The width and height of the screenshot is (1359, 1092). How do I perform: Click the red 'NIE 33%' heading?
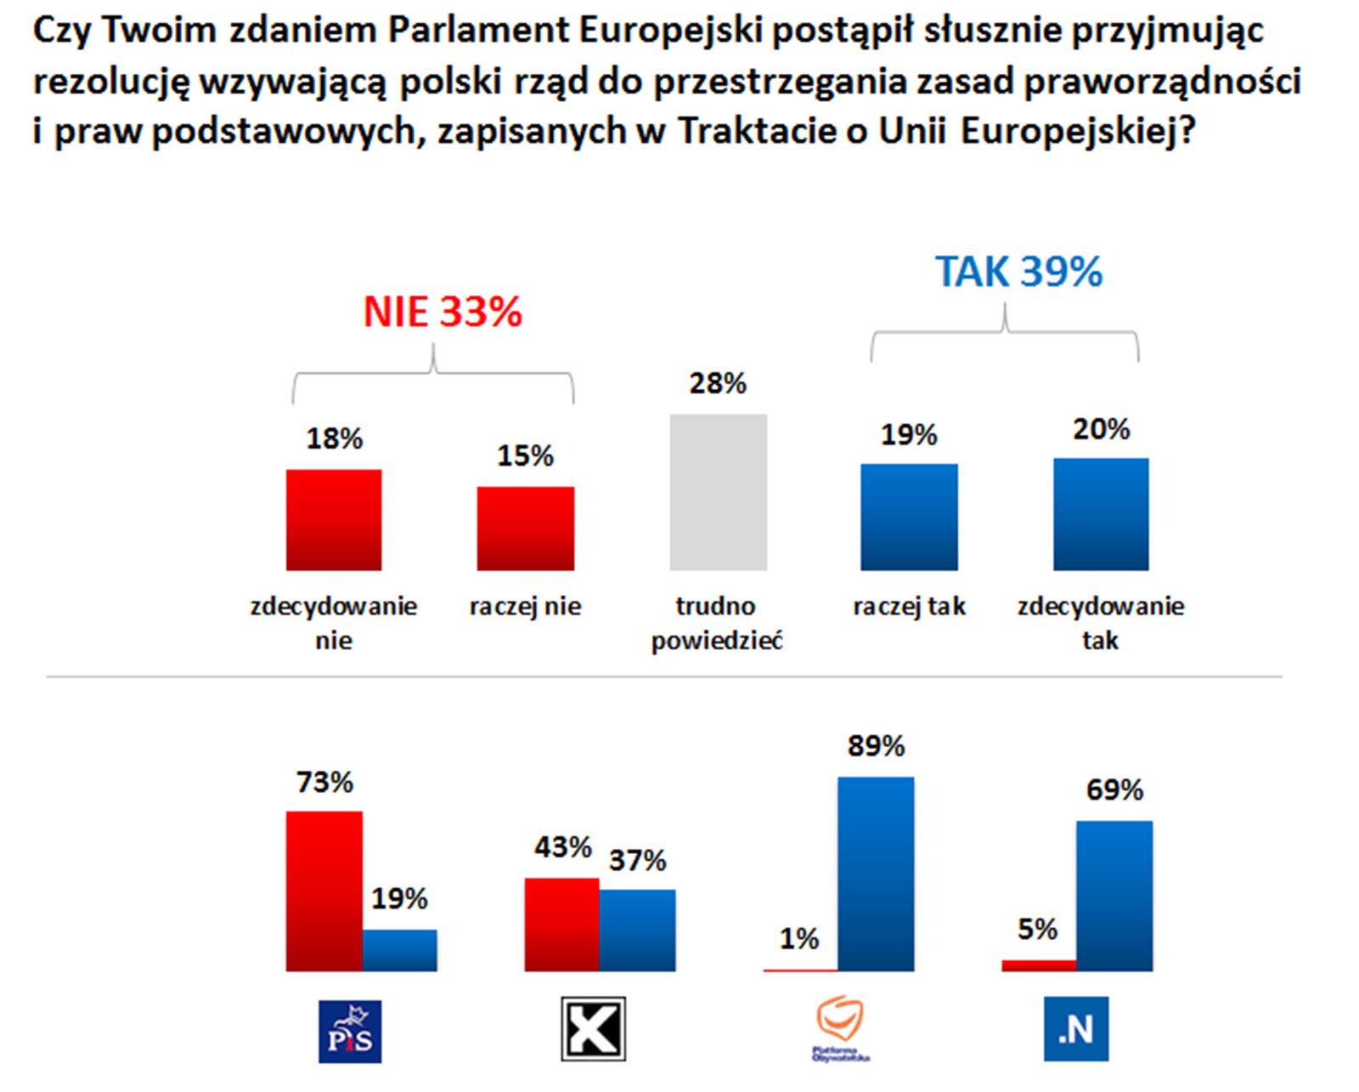443,312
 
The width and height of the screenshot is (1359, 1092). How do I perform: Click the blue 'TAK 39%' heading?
1018,272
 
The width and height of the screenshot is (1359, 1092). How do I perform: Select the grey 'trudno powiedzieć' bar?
718,492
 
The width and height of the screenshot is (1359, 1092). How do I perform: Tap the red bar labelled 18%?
334,519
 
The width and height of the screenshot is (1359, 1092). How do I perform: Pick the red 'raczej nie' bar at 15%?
525,528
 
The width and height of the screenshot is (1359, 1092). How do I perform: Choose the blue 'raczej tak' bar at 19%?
909,517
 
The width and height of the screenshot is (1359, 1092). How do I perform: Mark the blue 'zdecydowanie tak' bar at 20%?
1101,514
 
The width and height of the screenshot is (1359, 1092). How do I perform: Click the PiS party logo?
350,1031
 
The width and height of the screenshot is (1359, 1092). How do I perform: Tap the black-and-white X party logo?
593,1029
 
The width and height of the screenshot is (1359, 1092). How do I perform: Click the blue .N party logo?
1075,1029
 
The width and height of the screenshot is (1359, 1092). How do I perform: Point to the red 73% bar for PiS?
324,891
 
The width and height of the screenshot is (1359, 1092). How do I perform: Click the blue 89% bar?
876,874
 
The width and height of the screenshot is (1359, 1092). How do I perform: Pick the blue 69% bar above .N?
1114,896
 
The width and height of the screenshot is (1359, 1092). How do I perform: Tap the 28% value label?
718,384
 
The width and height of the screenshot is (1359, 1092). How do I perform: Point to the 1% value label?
798,939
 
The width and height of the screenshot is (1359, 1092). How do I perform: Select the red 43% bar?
562,924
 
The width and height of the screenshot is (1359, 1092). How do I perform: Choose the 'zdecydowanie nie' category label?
334,623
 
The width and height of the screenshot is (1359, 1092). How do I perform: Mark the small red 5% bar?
1039,965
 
